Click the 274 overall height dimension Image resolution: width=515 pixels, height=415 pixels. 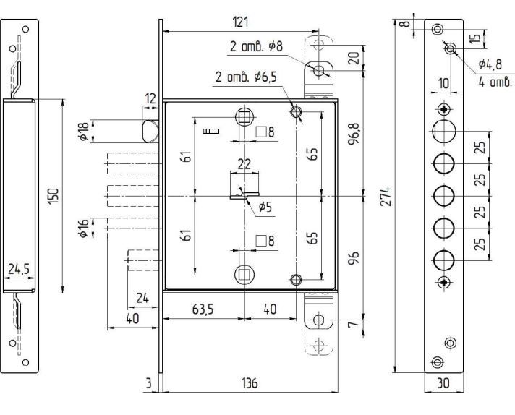click(386, 197)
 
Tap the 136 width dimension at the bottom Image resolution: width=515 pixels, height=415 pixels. click(250, 382)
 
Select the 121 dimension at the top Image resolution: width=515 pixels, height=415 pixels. click(240, 22)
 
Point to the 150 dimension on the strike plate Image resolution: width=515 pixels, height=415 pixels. click(54, 196)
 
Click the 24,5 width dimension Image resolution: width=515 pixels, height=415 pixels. click(19, 269)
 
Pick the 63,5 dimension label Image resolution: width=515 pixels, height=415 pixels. click(203, 309)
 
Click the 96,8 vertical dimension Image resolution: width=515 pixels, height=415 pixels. click(354, 134)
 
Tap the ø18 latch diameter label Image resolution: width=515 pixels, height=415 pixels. click(84, 132)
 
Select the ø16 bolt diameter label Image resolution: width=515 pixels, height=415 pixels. click(83, 228)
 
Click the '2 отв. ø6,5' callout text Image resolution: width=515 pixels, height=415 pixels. click(246, 77)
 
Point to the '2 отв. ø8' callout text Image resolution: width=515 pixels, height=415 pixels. click(256, 46)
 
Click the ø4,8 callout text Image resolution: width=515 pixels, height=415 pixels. click(490, 64)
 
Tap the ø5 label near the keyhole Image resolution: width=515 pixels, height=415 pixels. click(265, 208)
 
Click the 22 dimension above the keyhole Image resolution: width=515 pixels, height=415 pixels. click(244, 164)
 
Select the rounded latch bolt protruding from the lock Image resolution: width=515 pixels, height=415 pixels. click(150, 132)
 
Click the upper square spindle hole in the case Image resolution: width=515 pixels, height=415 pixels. click(244, 117)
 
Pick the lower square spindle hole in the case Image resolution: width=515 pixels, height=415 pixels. click(244, 275)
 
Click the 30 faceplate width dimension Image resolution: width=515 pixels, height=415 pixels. click(443, 382)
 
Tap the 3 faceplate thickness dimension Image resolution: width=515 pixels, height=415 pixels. click(149, 382)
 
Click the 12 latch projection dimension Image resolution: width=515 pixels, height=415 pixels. click(150, 98)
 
